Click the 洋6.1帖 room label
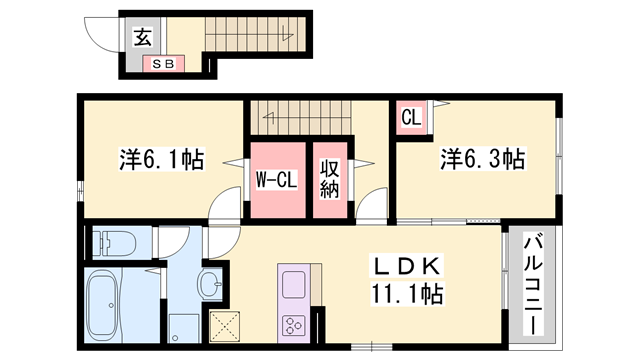pyautogui.click(x=162, y=158)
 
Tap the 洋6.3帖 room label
pyautogui.click(x=483, y=158)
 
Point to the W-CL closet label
pyautogui.click(x=274, y=181)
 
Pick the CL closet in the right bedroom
pyautogui.click(x=410, y=117)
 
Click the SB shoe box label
pyautogui.click(x=162, y=64)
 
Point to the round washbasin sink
pyautogui.click(x=211, y=286)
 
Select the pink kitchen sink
pyautogui.click(x=296, y=287)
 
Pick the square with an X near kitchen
pyautogui.click(x=226, y=325)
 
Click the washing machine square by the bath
pyautogui.click(x=184, y=329)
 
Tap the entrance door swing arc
pyautogui.click(x=101, y=35)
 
